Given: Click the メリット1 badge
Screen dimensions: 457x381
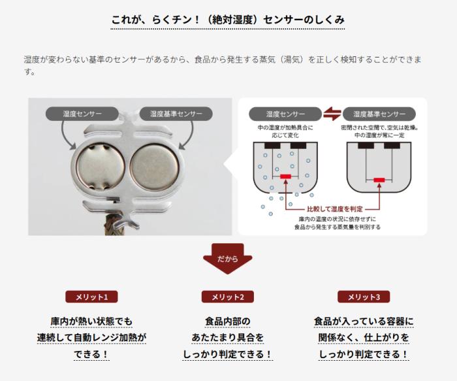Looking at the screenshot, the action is [x=91, y=297].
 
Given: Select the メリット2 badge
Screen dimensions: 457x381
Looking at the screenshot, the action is [x=228, y=297].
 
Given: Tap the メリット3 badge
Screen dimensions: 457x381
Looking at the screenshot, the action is [x=364, y=297].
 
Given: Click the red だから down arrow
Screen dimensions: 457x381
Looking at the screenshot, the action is [x=228, y=259].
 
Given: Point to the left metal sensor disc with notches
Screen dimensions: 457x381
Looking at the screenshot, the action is [x=101, y=167].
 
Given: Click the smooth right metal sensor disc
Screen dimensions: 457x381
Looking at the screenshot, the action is [x=155, y=167].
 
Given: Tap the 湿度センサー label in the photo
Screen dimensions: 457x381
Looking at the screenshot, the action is [x=82, y=114].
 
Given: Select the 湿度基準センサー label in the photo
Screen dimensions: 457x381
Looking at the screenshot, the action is [x=176, y=114].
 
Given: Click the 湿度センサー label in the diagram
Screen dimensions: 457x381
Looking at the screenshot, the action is [x=285, y=114].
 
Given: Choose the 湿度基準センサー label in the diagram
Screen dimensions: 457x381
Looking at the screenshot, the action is [x=379, y=114].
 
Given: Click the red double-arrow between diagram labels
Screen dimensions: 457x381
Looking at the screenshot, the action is [x=332, y=114].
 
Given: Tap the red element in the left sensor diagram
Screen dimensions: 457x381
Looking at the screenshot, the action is [x=286, y=176].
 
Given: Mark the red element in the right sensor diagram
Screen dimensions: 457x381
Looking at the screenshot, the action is [x=379, y=180].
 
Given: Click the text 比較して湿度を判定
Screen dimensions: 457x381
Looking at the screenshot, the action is [x=335, y=209].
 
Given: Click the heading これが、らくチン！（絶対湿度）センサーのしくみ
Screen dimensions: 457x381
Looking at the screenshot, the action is [x=228, y=20].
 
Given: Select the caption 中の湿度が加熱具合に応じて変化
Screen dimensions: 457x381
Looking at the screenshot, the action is [x=285, y=131].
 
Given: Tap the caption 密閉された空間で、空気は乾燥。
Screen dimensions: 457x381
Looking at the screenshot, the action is [x=380, y=128].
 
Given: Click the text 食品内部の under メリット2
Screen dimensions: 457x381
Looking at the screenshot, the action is [x=228, y=321].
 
